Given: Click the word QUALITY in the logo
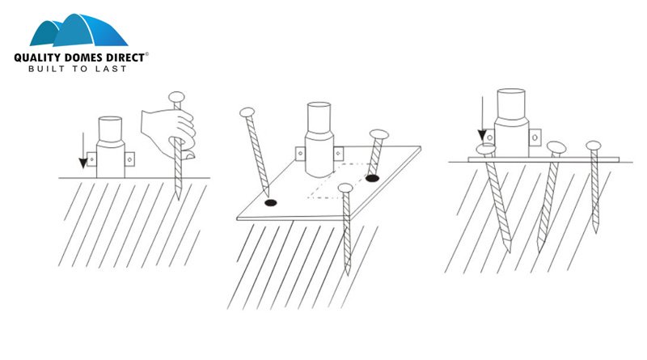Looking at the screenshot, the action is tap(37, 57).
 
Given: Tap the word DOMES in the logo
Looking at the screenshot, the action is tap(84, 57).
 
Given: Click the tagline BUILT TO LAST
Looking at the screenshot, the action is tap(77, 69).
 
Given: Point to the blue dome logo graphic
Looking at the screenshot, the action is tap(78, 30).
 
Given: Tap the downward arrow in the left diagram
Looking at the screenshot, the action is tap(83, 150).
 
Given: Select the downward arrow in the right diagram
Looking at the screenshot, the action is tap(482, 119).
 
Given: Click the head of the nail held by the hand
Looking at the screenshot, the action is tap(176, 97).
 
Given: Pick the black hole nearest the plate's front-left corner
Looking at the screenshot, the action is tap(271, 203).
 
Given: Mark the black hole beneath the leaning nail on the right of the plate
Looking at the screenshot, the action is tap(372, 178).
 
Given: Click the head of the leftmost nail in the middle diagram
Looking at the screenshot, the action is tap(247, 112).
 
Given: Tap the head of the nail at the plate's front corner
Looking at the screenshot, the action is tap(345, 188).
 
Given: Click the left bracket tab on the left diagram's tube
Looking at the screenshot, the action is tap(91, 159).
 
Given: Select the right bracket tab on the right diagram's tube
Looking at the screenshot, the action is tap(535, 137).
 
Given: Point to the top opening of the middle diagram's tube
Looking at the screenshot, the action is tap(319, 105).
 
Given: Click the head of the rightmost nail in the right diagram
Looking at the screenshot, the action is tap(594, 146).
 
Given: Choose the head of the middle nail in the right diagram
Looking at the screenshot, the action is tap(556, 147).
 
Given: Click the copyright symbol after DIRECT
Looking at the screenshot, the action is tap(147, 54).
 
